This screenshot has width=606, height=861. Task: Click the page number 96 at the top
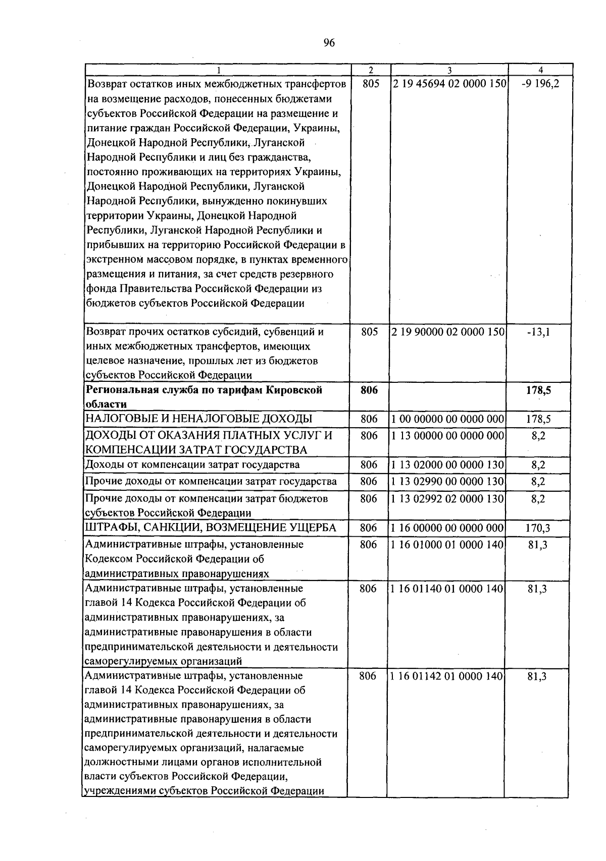(329, 43)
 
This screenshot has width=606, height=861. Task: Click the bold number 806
(370, 390)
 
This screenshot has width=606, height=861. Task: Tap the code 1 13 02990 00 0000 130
(448, 482)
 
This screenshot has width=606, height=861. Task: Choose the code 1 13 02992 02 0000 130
(448, 499)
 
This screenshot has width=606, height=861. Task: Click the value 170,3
(538, 528)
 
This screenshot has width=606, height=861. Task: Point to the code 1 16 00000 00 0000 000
(447, 528)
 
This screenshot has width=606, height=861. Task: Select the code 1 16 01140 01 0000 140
(447, 589)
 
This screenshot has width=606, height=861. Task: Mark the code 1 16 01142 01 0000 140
(447, 676)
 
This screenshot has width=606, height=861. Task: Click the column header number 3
(449, 70)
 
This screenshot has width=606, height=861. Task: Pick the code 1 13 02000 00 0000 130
(448, 465)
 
